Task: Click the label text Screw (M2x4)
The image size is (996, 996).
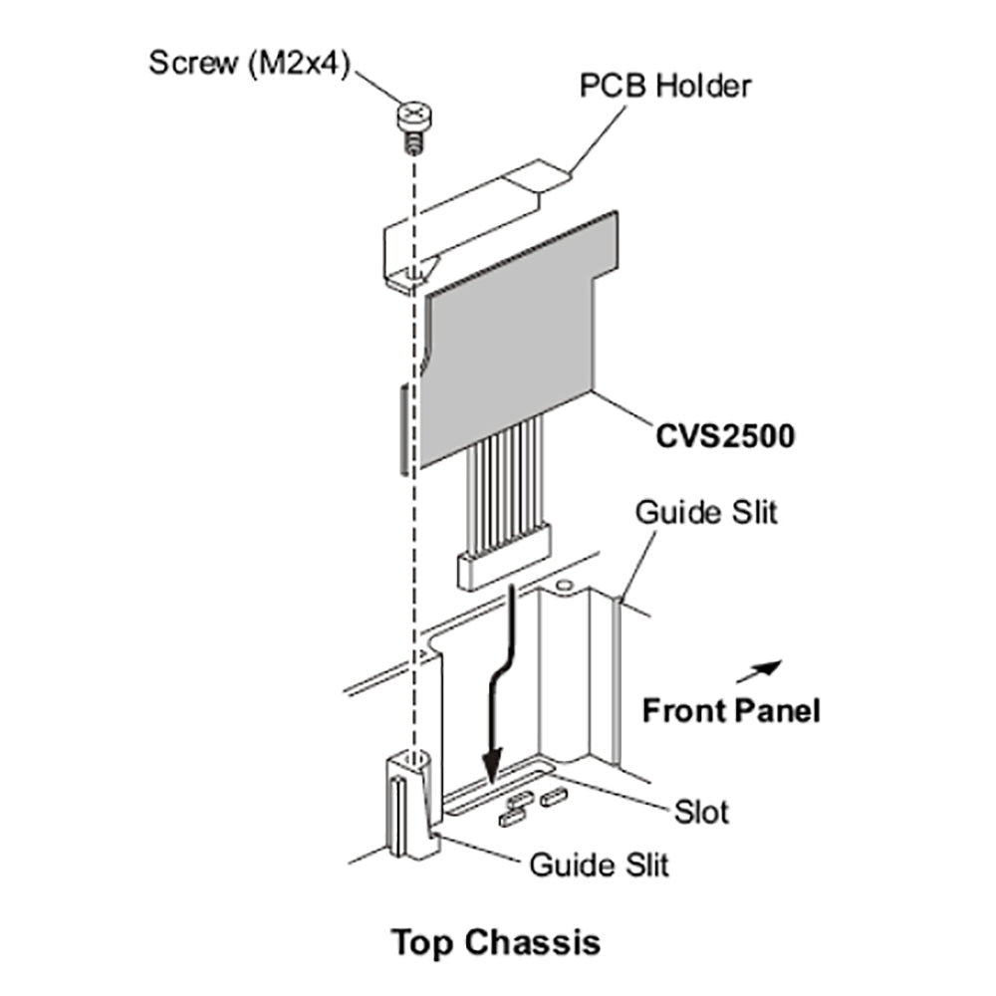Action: (x=248, y=62)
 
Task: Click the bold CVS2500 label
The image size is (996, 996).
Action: (x=724, y=436)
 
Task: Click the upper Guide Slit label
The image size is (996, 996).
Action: (x=706, y=513)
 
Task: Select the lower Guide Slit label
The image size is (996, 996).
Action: (x=599, y=864)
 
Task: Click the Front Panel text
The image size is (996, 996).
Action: (x=731, y=711)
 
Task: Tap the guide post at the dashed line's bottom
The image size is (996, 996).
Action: (x=408, y=807)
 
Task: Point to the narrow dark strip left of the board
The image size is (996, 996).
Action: (x=401, y=429)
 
